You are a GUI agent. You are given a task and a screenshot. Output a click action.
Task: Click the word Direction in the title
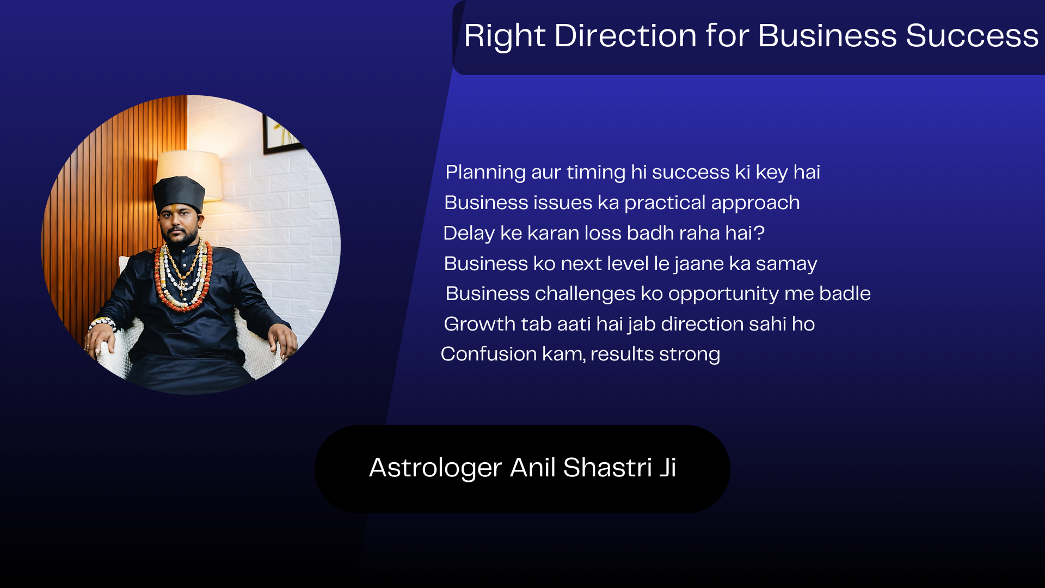[625, 36]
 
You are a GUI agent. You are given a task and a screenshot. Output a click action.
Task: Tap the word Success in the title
[972, 36]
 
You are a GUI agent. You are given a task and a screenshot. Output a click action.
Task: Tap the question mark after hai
[759, 234]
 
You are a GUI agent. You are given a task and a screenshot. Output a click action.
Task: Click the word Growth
[480, 324]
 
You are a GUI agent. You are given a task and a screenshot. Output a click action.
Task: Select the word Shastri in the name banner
[607, 468]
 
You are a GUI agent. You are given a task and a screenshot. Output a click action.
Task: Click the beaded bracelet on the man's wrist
[103, 323]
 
